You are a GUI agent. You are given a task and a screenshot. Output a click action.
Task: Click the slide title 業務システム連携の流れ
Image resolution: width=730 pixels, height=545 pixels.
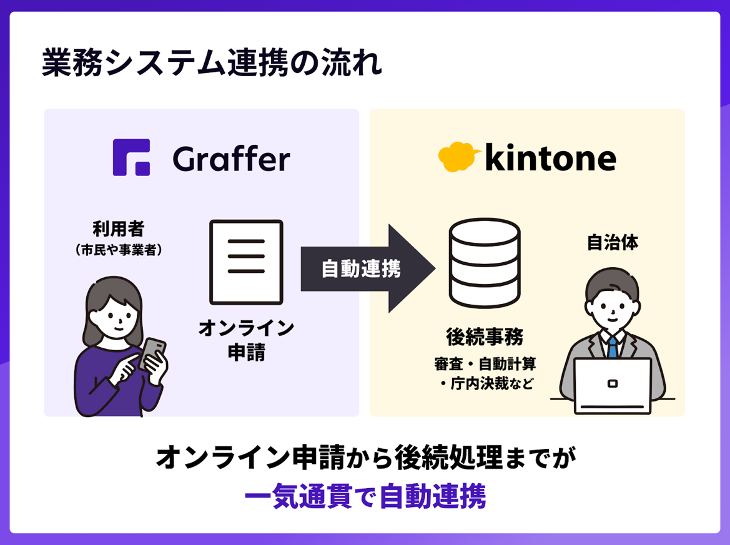click(212, 64)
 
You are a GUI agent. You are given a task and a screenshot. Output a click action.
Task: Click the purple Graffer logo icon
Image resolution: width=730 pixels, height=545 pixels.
click(131, 157)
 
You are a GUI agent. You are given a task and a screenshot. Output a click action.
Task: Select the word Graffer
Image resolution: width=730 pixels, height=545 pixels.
click(231, 159)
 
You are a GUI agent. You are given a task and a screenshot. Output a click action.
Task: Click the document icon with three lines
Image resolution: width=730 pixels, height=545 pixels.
click(246, 262)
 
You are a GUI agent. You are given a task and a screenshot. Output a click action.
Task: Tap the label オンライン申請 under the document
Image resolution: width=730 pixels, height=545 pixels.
click(246, 340)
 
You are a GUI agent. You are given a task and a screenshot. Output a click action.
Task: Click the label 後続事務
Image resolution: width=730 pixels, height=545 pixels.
click(485, 337)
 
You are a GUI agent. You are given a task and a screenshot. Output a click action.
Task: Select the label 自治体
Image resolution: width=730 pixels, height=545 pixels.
click(613, 243)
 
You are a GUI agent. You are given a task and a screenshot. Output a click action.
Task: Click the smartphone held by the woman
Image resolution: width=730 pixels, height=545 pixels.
click(152, 354)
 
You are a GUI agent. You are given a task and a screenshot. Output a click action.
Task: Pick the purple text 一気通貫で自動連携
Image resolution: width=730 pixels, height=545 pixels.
click(365, 498)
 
